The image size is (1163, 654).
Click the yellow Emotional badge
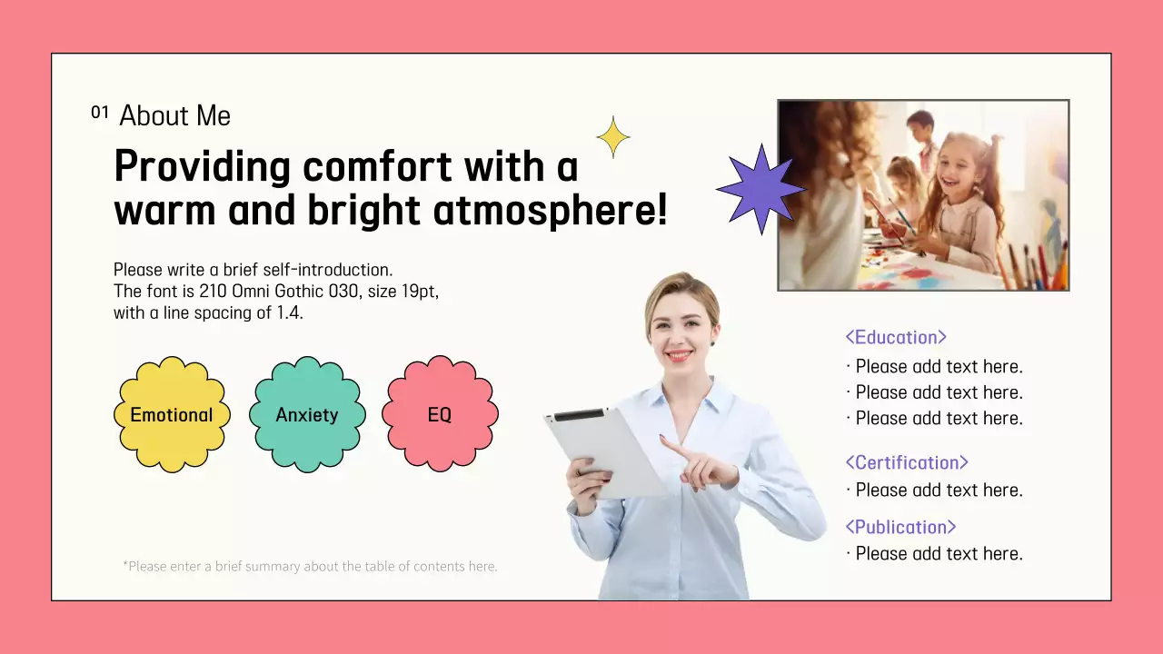coord(172,415)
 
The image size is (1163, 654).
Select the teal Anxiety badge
coord(307,415)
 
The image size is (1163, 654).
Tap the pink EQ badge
coord(440,415)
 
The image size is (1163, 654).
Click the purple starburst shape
coord(760,189)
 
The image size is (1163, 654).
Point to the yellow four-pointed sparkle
coord(613,137)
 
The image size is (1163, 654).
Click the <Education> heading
coord(896,337)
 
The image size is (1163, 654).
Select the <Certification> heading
coord(907,462)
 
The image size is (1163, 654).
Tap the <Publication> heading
coord(900,527)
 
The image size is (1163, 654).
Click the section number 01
coord(100,113)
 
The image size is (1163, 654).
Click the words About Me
coord(175,116)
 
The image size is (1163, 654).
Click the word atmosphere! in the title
coord(550,211)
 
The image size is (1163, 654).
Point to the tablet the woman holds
coord(604,451)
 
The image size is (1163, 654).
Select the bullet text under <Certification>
coord(939,490)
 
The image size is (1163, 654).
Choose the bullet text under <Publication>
coord(939,554)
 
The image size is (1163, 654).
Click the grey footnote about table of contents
coord(310,567)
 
